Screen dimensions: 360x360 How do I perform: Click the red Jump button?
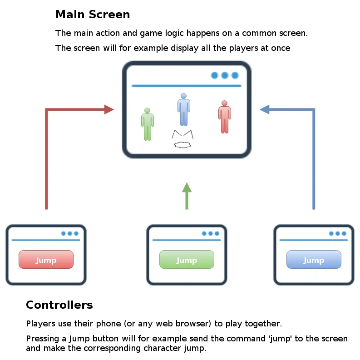(x=46, y=260)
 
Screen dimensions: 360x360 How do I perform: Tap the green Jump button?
(x=187, y=260)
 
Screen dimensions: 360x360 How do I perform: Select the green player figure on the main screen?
(x=147, y=124)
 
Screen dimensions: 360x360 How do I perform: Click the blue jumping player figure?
(x=183, y=109)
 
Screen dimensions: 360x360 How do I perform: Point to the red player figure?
(x=224, y=117)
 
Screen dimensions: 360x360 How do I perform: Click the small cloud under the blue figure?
(x=182, y=145)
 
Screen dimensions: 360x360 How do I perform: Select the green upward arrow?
(x=187, y=195)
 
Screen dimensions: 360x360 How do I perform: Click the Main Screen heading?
(x=93, y=15)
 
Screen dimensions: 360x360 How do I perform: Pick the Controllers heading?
(x=59, y=305)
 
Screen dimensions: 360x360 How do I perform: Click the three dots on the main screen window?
(x=225, y=75)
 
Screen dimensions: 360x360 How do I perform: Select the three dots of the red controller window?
(x=69, y=233)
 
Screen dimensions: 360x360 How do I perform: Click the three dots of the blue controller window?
(x=337, y=233)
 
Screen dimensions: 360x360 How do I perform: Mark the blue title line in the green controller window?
(x=187, y=240)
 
